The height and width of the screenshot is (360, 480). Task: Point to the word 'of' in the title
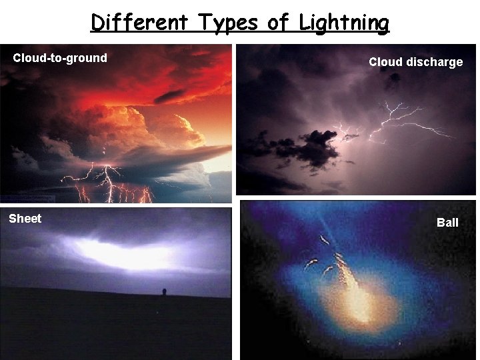pyautogui.click(x=278, y=23)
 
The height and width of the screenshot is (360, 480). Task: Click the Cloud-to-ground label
pyautogui.click(x=60, y=58)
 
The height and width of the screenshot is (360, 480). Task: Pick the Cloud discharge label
pyautogui.click(x=415, y=62)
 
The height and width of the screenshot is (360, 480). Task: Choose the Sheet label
pyautogui.click(x=25, y=219)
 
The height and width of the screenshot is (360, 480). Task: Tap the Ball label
pyautogui.click(x=447, y=223)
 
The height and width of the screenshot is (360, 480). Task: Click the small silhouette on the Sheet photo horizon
pyautogui.click(x=165, y=292)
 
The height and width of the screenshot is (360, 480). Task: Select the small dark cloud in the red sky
pyautogui.click(x=169, y=96)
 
